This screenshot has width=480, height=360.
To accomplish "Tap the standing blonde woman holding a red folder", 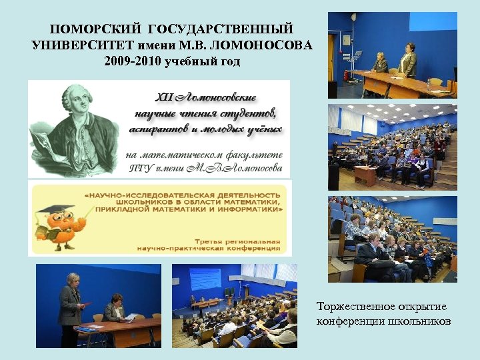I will (70, 300).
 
